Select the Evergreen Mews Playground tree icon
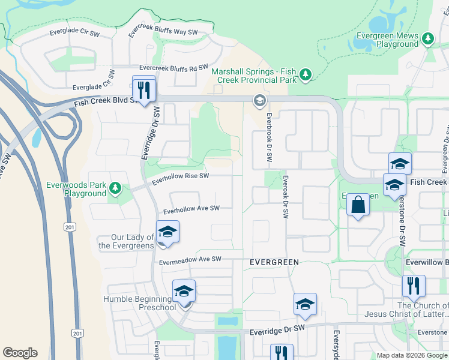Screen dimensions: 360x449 click(427, 40)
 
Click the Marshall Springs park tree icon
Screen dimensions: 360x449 click(306, 74)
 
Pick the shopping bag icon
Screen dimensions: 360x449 click(358, 205)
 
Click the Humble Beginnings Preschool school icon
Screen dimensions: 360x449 click(184, 292)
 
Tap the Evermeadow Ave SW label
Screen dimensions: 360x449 click(190, 260)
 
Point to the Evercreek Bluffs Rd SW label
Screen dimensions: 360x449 click(173, 68)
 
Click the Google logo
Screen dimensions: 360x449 click(20, 353)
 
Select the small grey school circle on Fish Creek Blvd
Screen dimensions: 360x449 click(260, 100)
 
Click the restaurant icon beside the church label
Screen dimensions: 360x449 click(414, 286)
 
